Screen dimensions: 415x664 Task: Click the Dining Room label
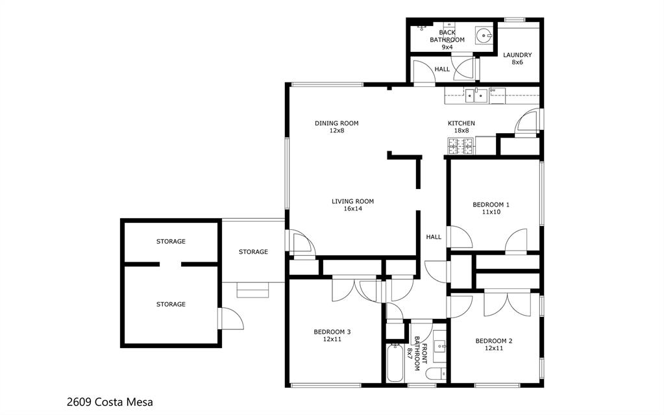(x=336, y=127)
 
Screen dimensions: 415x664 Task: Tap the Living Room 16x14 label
(x=352, y=205)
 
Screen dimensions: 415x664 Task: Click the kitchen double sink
(x=476, y=96)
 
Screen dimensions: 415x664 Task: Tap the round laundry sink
(x=483, y=34)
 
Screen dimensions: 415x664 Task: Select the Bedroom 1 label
(x=491, y=208)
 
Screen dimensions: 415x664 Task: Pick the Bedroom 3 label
(x=332, y=335)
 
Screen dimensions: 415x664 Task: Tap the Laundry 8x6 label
(x=517, y=58)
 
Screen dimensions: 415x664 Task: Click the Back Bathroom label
(x=447, y=39)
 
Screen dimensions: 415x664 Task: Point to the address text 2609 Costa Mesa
(x=110, y=402)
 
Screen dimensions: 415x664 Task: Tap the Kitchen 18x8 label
(x=461, y=127)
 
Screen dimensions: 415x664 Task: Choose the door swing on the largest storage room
(x=231, y=318)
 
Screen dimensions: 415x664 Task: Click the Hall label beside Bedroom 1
(x=434, y=237)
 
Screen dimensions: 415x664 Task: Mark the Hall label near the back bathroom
(x=442, y=69)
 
